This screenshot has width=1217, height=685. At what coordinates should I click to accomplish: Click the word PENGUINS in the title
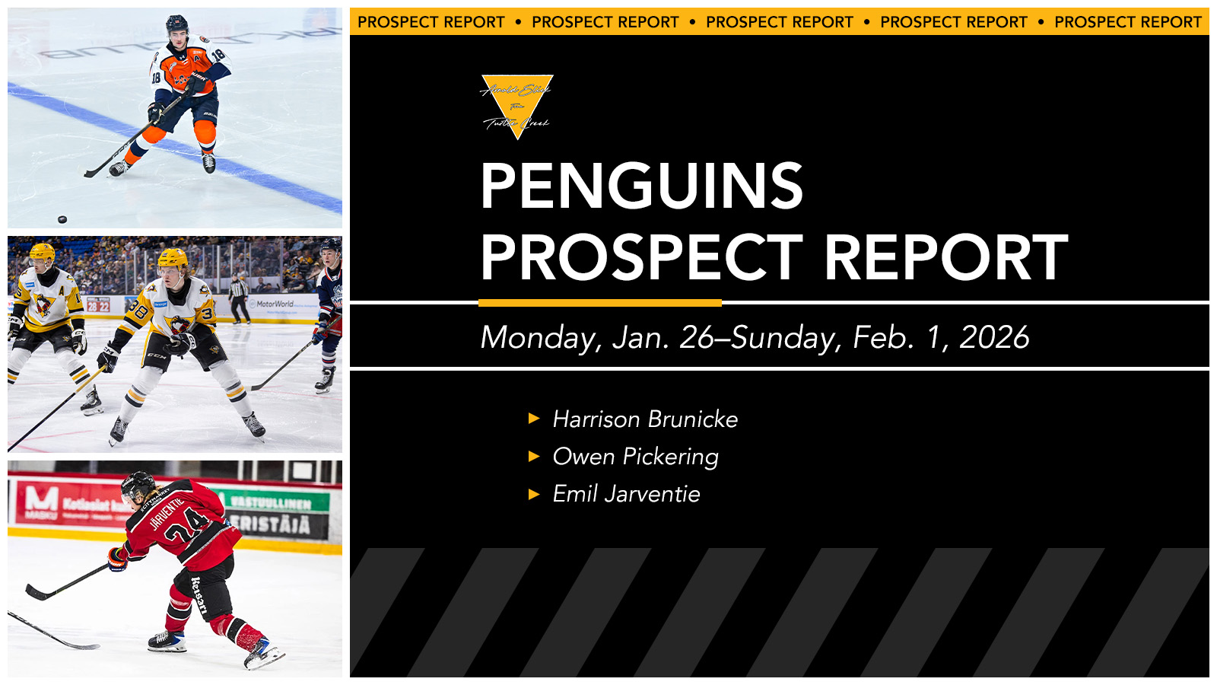click(x=641, y=186)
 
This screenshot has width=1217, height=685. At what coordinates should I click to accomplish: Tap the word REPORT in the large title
click(x=945, y=258)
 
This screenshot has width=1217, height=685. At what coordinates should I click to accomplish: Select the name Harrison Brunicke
click(x=645, y=419)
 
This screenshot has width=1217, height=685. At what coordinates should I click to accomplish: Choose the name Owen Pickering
click(x=635, y=457)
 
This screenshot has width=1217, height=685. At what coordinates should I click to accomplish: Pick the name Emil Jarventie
click(x=626, y=494)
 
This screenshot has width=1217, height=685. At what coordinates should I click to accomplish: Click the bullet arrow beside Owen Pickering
click(x=534, y=457)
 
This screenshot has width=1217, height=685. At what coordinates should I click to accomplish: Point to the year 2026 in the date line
click(x=994, y=338)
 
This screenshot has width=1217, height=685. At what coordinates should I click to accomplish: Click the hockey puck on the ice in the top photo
click(x=62, y=220)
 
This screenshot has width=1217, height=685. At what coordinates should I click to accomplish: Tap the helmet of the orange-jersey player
click(x=176, y=24)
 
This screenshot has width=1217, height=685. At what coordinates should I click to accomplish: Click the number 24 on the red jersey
click(x=187, y=529)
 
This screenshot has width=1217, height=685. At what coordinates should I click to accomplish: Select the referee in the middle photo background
click(x=240, y=297)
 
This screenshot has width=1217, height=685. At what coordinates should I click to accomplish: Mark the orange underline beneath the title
click(x=599, y=303)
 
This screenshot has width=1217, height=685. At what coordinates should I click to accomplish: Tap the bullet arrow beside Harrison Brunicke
click(x=534, y=419)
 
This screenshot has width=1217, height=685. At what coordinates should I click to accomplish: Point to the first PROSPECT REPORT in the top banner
click(x=431, y=22)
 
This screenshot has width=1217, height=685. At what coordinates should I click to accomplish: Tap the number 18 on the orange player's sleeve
click(x=218, y=55)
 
